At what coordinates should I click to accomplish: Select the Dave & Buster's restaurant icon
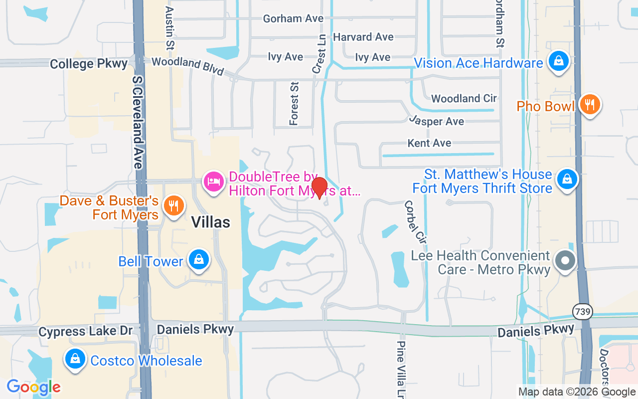(x=173, y=205)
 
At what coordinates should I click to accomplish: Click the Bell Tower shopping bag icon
(x=198, y=260)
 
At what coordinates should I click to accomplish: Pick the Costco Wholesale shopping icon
(x=75, y=359)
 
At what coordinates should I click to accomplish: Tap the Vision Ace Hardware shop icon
(x=558, y=61)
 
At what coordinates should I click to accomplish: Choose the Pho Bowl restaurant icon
(x=589, y=105)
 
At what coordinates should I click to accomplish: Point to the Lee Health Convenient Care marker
(x=565, y=260)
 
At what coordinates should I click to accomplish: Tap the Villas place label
(x=211, y=222)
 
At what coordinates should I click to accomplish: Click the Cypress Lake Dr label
(x=86, y=331)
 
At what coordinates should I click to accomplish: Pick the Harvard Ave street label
(x=363, y=37)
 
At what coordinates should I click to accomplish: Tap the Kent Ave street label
(x=429, y=143)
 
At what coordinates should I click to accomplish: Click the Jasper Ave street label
(x=437, y=121)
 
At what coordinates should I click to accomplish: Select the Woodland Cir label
(x=464, y=99)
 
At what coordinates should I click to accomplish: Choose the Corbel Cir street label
(x=416, y=222)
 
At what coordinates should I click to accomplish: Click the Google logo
(x=33, y=387)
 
